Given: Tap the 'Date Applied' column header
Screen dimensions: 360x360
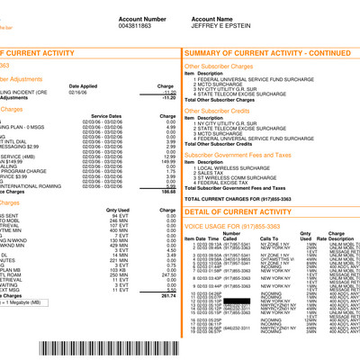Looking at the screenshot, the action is pos(83,85).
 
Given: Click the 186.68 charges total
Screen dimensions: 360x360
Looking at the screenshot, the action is pos(167,192).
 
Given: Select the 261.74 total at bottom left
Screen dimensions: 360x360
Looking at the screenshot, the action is pos(167,321).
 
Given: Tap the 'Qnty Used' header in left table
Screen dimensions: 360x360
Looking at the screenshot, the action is pos(118,211).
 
